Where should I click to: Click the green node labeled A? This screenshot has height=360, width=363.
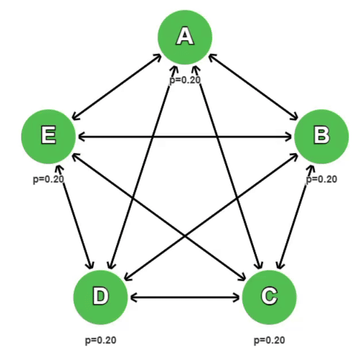point(185,37)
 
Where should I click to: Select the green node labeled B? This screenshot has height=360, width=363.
point(321,136)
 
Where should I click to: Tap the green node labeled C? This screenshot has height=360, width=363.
point(269,297)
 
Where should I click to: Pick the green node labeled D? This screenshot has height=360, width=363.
point(101,297)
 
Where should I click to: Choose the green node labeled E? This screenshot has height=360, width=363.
point(48,136)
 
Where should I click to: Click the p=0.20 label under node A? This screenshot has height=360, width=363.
point(185,80)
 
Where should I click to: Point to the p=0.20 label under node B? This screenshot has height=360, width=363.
point(321,179)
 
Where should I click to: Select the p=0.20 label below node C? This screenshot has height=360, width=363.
point(269,340)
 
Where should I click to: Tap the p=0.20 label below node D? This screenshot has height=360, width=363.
point(101,340)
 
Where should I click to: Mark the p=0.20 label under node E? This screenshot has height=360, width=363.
point(48,179)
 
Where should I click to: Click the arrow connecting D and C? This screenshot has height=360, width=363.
point(185,297)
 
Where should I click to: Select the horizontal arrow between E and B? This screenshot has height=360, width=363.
point(185,137)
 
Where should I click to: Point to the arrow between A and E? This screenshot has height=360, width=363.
point(117,87)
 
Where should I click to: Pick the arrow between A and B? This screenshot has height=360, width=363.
point(253,87)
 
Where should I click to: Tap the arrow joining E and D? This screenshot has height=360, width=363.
point(75,217)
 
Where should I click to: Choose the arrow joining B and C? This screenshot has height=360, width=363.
point(295,217)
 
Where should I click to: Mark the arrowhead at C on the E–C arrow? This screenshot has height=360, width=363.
point(241,277)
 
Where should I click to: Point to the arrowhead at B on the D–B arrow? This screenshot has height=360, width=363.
point(294,156)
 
